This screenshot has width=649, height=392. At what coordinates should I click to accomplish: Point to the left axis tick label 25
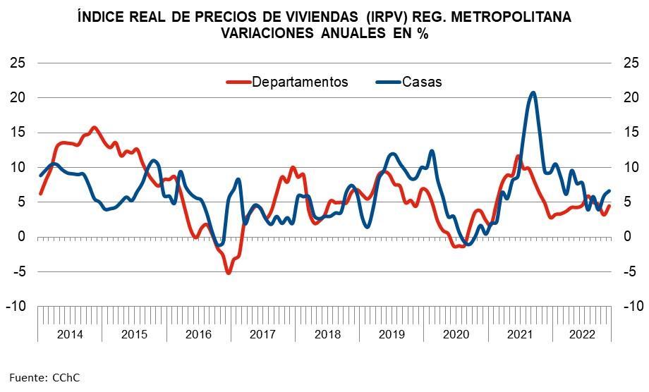coord(18,63)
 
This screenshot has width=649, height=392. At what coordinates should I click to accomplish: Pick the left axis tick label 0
coord(23,237)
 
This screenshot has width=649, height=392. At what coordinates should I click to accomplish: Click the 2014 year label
coord(69,333)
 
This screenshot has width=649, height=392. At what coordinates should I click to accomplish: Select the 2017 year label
coord(262,333)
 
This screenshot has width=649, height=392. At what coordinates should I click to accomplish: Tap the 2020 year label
coord(455,333)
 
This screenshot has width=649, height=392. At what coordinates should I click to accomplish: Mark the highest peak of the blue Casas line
coord(533,93)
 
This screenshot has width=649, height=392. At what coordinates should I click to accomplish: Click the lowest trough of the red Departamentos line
coord(228,272)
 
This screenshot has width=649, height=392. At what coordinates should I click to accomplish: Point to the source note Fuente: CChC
coord(44,377)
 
